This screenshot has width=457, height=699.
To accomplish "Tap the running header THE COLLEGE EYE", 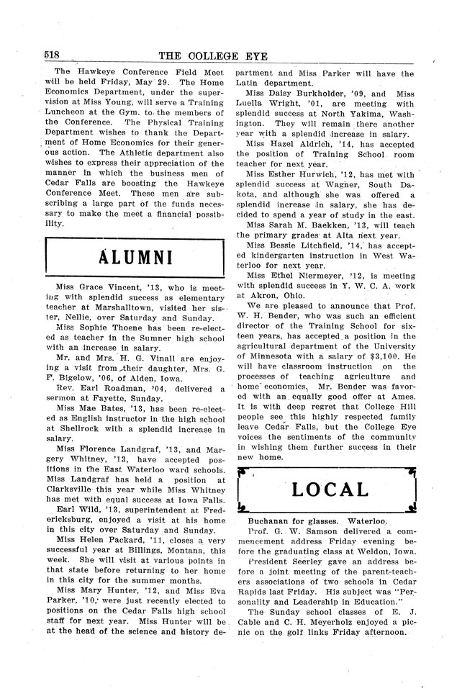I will pyautogui.click(x=229, y=56).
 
